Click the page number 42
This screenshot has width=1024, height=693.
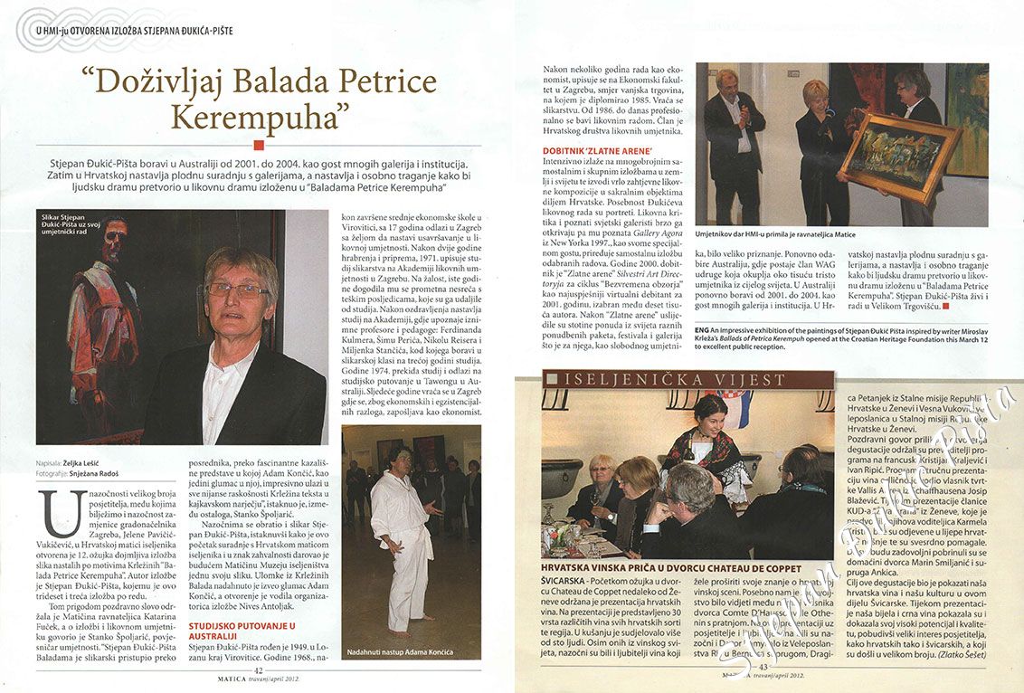(259, 670)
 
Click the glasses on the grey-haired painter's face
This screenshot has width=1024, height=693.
(237, 290)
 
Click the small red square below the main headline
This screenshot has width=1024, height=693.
(260, 143)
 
